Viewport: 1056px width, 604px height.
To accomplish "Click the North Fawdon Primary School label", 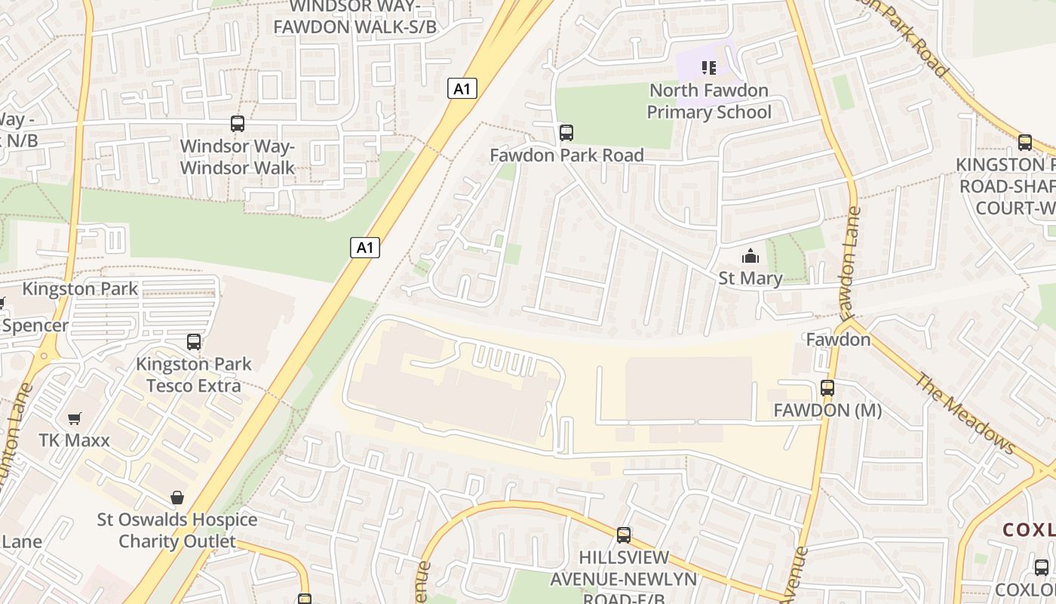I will coord(709,102).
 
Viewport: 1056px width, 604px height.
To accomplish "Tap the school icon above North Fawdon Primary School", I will coord(708,69).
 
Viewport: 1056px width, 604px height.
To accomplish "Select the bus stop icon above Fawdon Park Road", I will coord(566,133).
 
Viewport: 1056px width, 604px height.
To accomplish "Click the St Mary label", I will coord(750,278).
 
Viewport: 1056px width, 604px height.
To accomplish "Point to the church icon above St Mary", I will coord(750,257).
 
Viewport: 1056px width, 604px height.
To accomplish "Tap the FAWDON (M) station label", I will coord(827,411).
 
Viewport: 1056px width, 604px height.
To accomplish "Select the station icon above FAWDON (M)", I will coord(827,388).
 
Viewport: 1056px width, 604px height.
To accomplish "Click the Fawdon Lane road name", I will coord(849,263).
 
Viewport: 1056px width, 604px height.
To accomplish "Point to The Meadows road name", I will coord(965,414).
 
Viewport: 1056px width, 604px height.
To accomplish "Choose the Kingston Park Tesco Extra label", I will coord(194,375).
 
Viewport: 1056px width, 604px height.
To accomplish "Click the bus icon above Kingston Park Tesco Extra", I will coord(194,342).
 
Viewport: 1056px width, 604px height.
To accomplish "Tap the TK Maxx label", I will coord(75,440).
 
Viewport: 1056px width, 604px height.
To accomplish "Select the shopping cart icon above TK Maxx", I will coord(75,418).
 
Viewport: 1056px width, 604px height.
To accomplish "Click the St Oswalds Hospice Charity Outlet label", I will coord(177,531).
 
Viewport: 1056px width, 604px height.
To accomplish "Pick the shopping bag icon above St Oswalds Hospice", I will coord(177,498).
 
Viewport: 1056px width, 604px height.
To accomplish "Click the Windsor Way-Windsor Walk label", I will coord(237,157).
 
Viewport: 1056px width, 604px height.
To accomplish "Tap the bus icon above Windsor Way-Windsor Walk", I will coord(238,124).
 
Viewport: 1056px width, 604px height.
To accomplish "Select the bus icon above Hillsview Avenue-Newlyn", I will coord(624,535).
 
